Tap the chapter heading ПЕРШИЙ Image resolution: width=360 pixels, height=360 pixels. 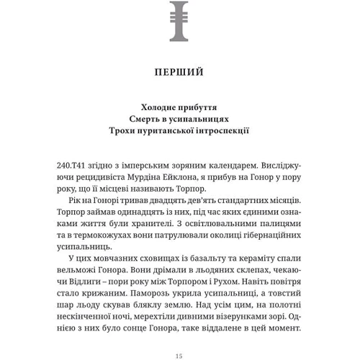point(179,72)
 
